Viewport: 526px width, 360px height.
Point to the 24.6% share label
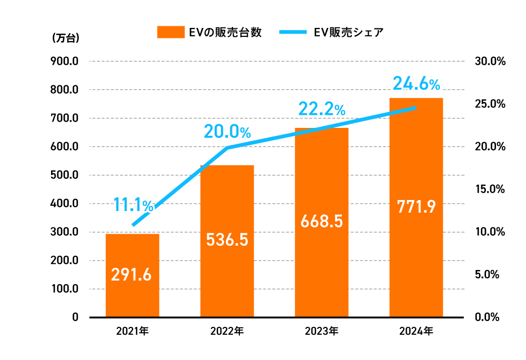(x=416, y=83)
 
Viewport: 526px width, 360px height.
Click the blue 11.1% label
(x=134, y=205)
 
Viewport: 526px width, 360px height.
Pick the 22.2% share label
(x=321, y=109)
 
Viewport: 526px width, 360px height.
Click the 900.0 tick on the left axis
(x=65, y=61)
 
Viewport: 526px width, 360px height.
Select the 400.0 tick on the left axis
(x=65, y=204)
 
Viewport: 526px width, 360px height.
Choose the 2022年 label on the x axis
(x=227, y=332)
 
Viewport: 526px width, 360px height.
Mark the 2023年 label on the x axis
(x=321, y=332)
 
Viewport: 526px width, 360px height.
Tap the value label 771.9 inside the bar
(x=416, y=206)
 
